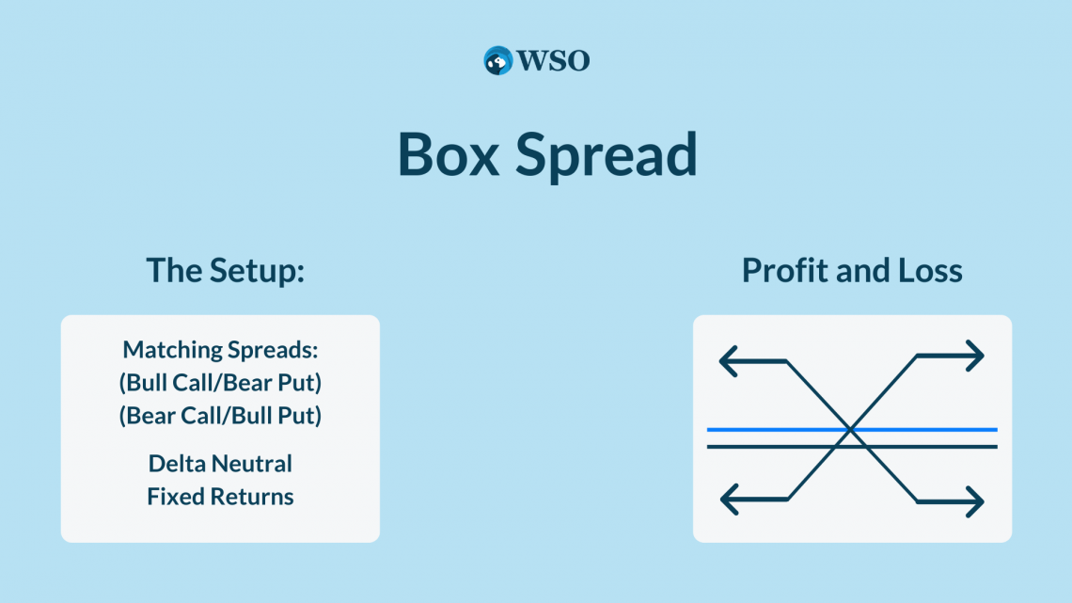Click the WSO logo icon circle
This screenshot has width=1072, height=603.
point(497,61)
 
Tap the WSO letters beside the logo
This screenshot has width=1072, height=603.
point(553,61)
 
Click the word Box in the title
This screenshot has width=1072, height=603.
point(449,154)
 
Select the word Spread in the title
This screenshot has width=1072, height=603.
point(606,157)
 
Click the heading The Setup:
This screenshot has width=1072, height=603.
point(226,270)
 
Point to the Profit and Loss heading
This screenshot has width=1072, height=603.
point(852,270)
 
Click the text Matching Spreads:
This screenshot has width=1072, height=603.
point(220,350)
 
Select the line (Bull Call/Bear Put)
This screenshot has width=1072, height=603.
point(220,382)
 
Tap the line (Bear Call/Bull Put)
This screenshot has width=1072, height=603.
point(220,415)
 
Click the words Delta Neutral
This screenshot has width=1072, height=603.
point(220,464)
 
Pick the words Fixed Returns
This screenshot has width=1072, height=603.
point(220,497)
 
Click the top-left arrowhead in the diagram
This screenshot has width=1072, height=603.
point(728,361)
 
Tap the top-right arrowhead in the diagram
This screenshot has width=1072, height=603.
point(975,356)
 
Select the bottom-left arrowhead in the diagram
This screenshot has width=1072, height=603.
point(730,500)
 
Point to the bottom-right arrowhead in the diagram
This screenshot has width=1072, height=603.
point(975,501)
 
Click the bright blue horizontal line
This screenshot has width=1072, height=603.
point(852,429)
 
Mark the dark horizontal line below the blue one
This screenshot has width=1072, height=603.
point(852,447)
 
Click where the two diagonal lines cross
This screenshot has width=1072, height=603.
point(850,430)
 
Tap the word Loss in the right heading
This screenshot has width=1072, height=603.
point(930,270)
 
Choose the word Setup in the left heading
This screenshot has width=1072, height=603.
point(257,272)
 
